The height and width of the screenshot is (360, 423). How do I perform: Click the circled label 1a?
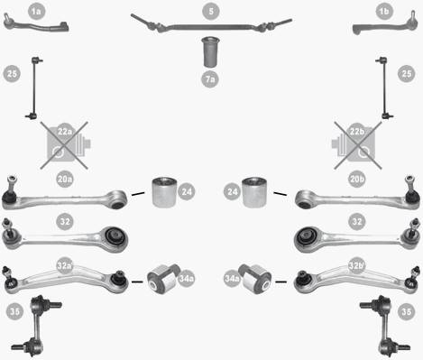[x=36, y=12]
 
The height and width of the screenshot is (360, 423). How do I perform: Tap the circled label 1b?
[x=384, y=12]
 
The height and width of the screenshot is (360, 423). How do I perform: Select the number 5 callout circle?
[x=211, y=12]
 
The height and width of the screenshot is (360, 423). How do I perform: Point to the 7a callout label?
[x=210, y=79]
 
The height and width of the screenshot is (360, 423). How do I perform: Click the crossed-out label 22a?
[x=65, y=132]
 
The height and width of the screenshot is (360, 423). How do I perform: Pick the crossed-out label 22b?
[x=357, y=132]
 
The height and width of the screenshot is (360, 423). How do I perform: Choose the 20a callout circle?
[x=65, y=180]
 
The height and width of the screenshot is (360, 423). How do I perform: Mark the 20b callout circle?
[x=357, y=180]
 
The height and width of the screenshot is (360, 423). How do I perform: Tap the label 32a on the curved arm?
[x=65, y=265]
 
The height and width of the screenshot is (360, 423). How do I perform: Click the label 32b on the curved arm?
[x=357, y=265]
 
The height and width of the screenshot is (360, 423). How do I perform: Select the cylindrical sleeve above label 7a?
[x=210, y=51]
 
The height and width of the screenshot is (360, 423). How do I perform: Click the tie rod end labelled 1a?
[x=36, y=24]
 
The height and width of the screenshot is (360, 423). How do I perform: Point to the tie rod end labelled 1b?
[x=385, y=24]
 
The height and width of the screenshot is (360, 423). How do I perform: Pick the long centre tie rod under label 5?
[x=211, y=26]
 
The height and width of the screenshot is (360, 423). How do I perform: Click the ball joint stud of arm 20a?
[x=12, y=182]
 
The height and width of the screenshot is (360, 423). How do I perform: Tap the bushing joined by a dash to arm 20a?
[x=164, y=192]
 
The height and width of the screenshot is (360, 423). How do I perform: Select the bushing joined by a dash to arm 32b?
[x=255, y=279]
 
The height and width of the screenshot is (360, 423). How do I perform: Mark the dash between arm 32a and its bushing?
[x=137, y=282]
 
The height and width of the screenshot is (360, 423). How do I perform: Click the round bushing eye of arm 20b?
[x=304, y=199]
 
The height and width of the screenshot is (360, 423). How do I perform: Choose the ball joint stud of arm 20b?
[x=410, y=182]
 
